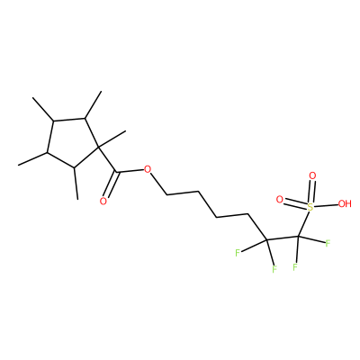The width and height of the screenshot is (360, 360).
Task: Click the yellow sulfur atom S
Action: click(310, 206)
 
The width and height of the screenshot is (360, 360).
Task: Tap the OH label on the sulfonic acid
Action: click(345, 204)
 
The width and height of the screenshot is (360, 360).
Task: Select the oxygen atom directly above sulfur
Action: click(312, 175)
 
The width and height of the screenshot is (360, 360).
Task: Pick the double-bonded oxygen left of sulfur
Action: click(280, 199)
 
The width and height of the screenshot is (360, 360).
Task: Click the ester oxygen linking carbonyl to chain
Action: click(147, 169)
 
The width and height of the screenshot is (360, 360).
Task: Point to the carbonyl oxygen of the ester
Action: click(103, 202)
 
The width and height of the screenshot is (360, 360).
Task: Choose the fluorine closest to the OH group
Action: click(328, 243)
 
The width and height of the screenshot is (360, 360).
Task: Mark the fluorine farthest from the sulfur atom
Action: click(238, 253)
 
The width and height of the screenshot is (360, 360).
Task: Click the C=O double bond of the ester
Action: click(111, 184)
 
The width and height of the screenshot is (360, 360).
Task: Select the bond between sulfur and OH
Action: click(326, 205)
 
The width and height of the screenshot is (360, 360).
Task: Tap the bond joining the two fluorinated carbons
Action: click(283, 238)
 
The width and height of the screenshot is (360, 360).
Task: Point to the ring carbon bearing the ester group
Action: click(99, 148)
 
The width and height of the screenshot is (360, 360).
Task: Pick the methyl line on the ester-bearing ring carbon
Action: click(112, 139)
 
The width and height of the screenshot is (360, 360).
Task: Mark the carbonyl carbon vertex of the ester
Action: click(116, 172)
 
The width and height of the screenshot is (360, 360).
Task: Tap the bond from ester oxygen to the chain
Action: click(158, 184)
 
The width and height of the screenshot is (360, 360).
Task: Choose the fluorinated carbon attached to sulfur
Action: click(299, 237)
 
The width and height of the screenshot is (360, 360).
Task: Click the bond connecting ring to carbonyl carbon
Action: click(107, 159)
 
